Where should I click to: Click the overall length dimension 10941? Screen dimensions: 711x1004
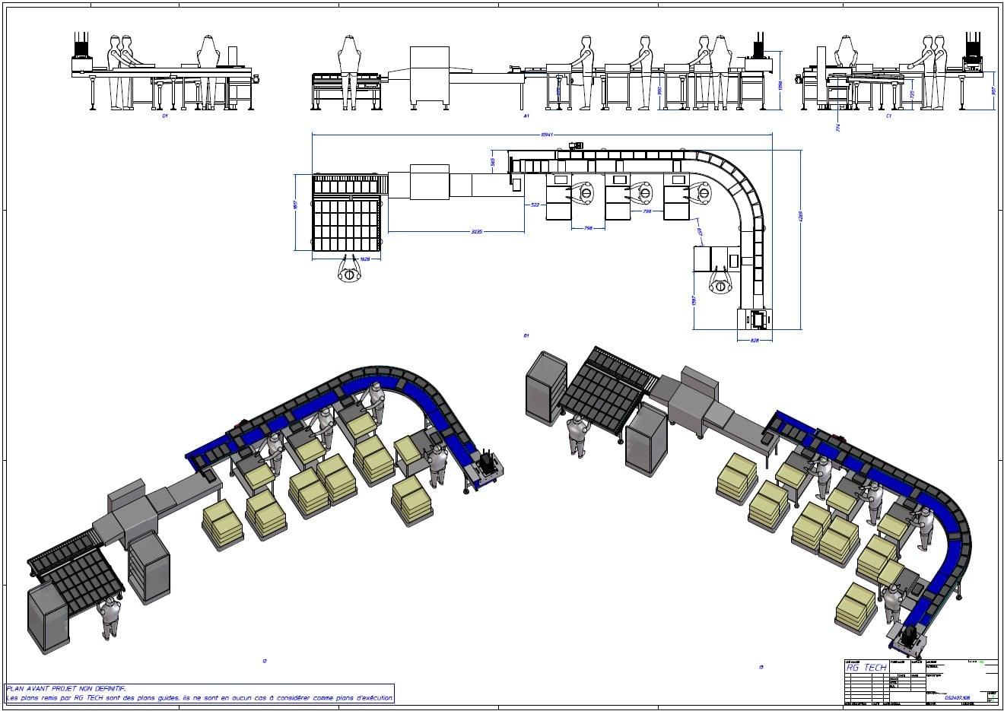pos(545,135)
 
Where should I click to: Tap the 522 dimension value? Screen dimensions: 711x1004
pos(535,205)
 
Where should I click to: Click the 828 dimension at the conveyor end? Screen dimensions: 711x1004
pos(755,340)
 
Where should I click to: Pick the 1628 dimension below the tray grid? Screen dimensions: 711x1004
pos(364,259)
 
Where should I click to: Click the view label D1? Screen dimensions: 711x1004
pos(164,117)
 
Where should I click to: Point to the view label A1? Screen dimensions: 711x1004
pos(526,117)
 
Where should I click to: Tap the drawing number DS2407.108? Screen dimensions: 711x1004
pos(957,696)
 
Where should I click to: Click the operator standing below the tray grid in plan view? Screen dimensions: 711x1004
pos(349,273)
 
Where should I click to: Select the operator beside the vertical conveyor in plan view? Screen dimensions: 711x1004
pos(720,284)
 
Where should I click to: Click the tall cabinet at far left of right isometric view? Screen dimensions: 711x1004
pos(547,386)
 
